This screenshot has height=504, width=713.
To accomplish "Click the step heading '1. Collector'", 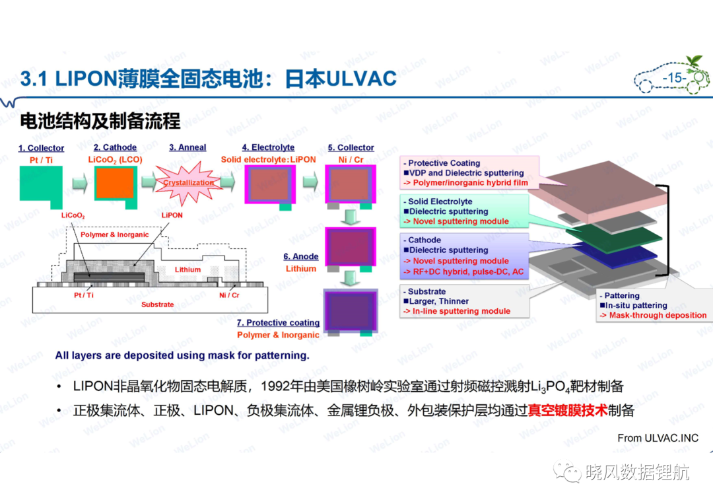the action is pyautogui.click(x=41, y=148).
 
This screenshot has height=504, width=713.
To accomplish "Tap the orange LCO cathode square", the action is pyautogui.click(x=115, y=182).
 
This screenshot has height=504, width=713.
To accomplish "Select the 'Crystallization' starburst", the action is pyautogui.click(x=188, y=183).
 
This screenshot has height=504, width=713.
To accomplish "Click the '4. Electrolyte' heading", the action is pyautogui.click(x=268, y=147).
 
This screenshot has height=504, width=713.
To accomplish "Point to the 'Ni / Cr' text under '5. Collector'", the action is pyautogui.click(x=351, y=160).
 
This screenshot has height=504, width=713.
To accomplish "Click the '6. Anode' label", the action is pyautogui.click(x=301, y=256).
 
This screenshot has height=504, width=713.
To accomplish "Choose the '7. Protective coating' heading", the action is pyautogui.click(x=279, y=322).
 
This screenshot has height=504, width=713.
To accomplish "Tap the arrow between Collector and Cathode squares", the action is pyautogui.click(x=80, y=184).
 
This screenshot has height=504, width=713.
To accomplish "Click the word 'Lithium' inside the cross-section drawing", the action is pyautogui.click(x=187, y=270).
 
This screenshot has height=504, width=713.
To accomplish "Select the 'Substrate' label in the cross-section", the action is pyautogui.click(x=157, y=305).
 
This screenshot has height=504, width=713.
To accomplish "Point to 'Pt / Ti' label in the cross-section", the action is pyautogui.click(x=84, y=295).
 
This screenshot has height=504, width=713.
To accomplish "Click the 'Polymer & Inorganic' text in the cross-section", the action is pyautogui.click(x=115, y=234).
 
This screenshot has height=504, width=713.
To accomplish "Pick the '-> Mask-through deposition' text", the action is pyautogui.click(x=654, y=315).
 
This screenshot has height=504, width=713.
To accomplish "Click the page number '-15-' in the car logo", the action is pyautogui.click(x=675, y=78).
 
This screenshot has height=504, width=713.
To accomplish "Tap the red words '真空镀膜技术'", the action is pyautogui.click(x=568, y=411).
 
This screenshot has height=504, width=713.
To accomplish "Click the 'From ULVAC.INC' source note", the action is pyautogui.click(x=658, y=438).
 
